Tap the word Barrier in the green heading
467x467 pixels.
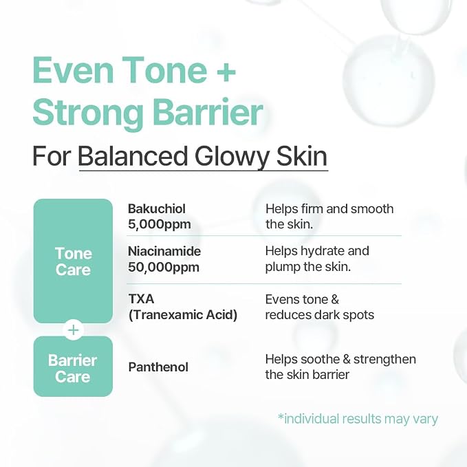tap(208, 112)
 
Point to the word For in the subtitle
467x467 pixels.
tap(51, 156)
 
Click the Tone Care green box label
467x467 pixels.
tap(74, 261)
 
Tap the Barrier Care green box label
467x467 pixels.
tap(73, 369)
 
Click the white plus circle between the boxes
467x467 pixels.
tap(74, 330)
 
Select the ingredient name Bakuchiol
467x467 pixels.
tap(157, 209)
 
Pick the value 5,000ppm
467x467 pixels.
tap(160, 224)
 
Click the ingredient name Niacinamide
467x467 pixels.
tap(164, 251)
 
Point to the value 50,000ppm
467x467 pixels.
tap(164, 267)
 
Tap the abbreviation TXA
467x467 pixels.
tap(141, 299)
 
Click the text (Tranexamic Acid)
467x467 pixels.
tap(183, 315)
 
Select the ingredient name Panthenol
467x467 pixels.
tap(158, 367)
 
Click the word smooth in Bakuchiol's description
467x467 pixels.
tap(372, 209)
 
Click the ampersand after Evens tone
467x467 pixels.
tap(335, 300)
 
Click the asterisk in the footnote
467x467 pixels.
tap(281, 415)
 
